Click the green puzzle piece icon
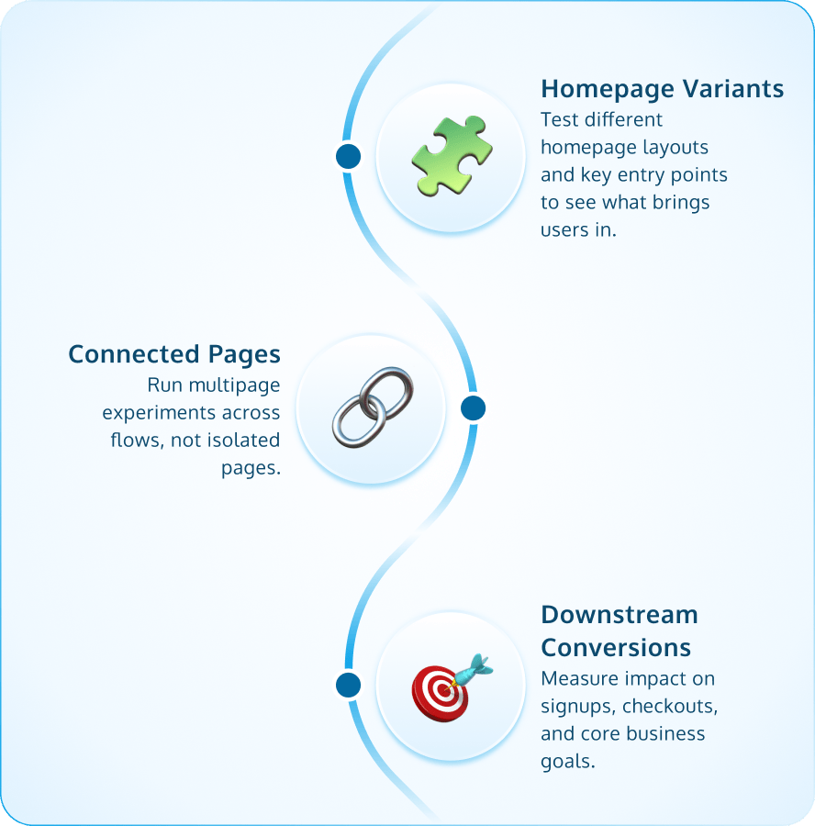[450, 155]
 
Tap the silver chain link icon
[371, 407]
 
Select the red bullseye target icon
[440, 691]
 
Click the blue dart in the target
[475, 666]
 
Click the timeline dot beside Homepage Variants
[348, 156]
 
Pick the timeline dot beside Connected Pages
[473, 408]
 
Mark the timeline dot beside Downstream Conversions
[348, 685]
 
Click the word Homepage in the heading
[595, 89]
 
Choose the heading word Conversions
[616, 647]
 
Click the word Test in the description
[559, 119]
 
